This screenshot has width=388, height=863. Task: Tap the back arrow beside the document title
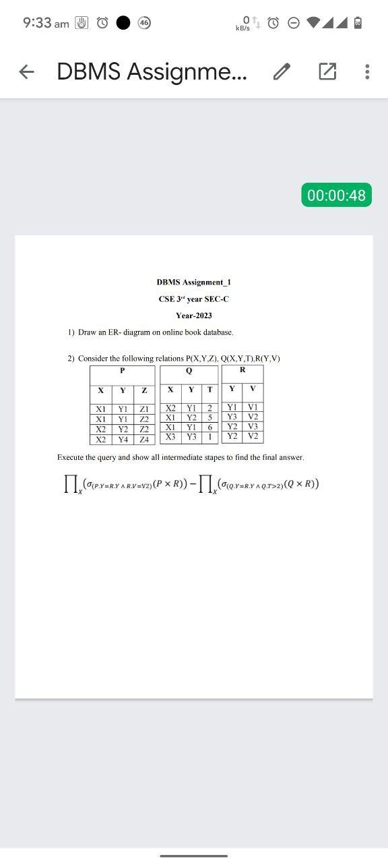click(x=26, y=71)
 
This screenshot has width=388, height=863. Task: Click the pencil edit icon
click(x=282, y=71)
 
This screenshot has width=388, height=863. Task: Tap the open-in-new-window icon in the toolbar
click(x=327, y=71)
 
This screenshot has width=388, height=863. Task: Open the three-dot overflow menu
click(x=366, y=71)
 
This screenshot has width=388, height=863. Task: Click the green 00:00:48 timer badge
click(x=336, y=196)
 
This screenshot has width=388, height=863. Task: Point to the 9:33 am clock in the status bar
click(x=45, y=23)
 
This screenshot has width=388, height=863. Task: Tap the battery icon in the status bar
click(x=358, y=23)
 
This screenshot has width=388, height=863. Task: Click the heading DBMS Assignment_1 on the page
click(x=194, y=282)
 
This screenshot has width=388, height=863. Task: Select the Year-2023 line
click(x=194, y=316)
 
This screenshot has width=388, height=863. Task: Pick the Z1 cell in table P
click(x=144, y=409)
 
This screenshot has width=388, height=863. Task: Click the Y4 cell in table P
click(x=123, y=440)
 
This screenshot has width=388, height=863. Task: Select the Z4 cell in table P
click(x=144, y=440)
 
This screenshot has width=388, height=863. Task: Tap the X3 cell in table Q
click(x=171, y=437)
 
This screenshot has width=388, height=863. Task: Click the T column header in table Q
click(x=210, y=390)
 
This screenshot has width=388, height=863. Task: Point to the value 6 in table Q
click(x=210, y=427)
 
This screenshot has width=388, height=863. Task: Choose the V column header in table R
click(x=253, y=388)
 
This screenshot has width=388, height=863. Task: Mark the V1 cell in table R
click(x=253, y=407)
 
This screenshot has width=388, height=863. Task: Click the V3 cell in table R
click(x=253, y=426)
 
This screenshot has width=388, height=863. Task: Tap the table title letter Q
click(x=189, y=371)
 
